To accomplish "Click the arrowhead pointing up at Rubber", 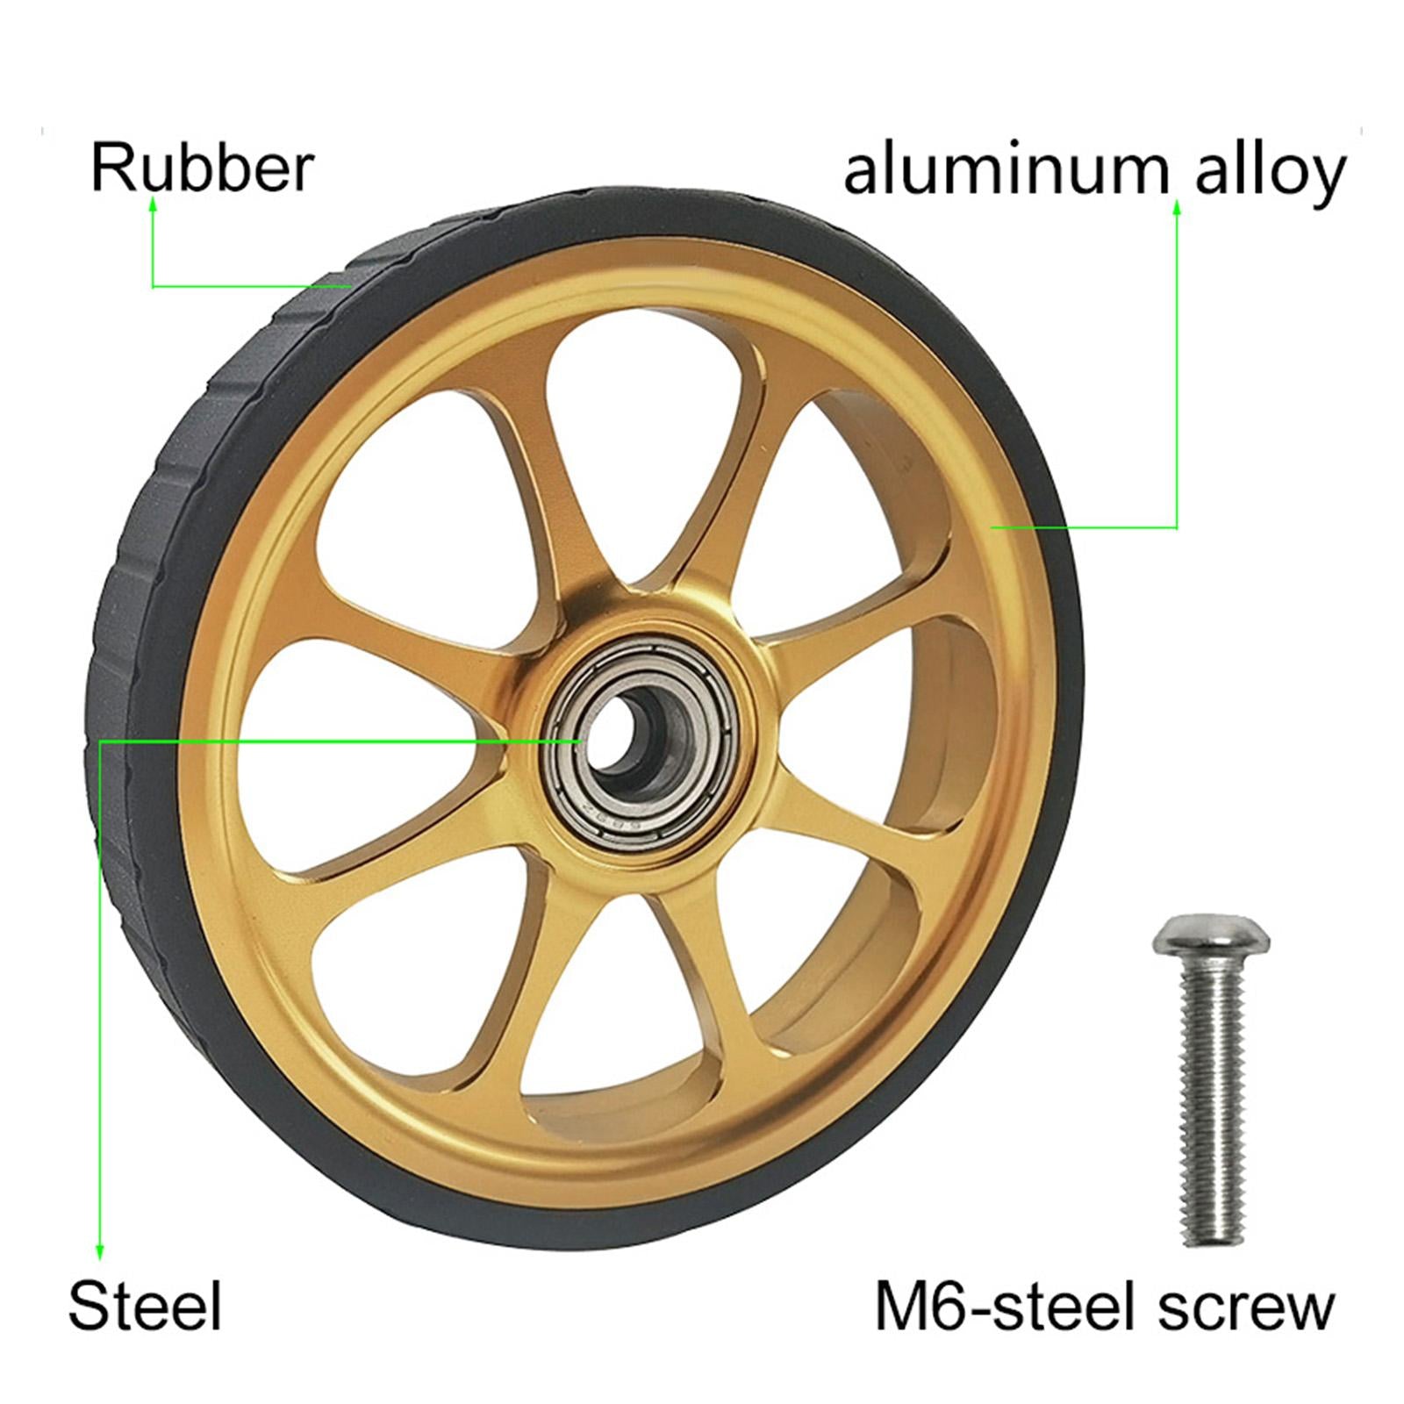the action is (x=153, y=204).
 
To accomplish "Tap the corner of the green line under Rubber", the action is (x=154, y=286).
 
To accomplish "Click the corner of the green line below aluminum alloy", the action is (x=1177, y=527).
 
